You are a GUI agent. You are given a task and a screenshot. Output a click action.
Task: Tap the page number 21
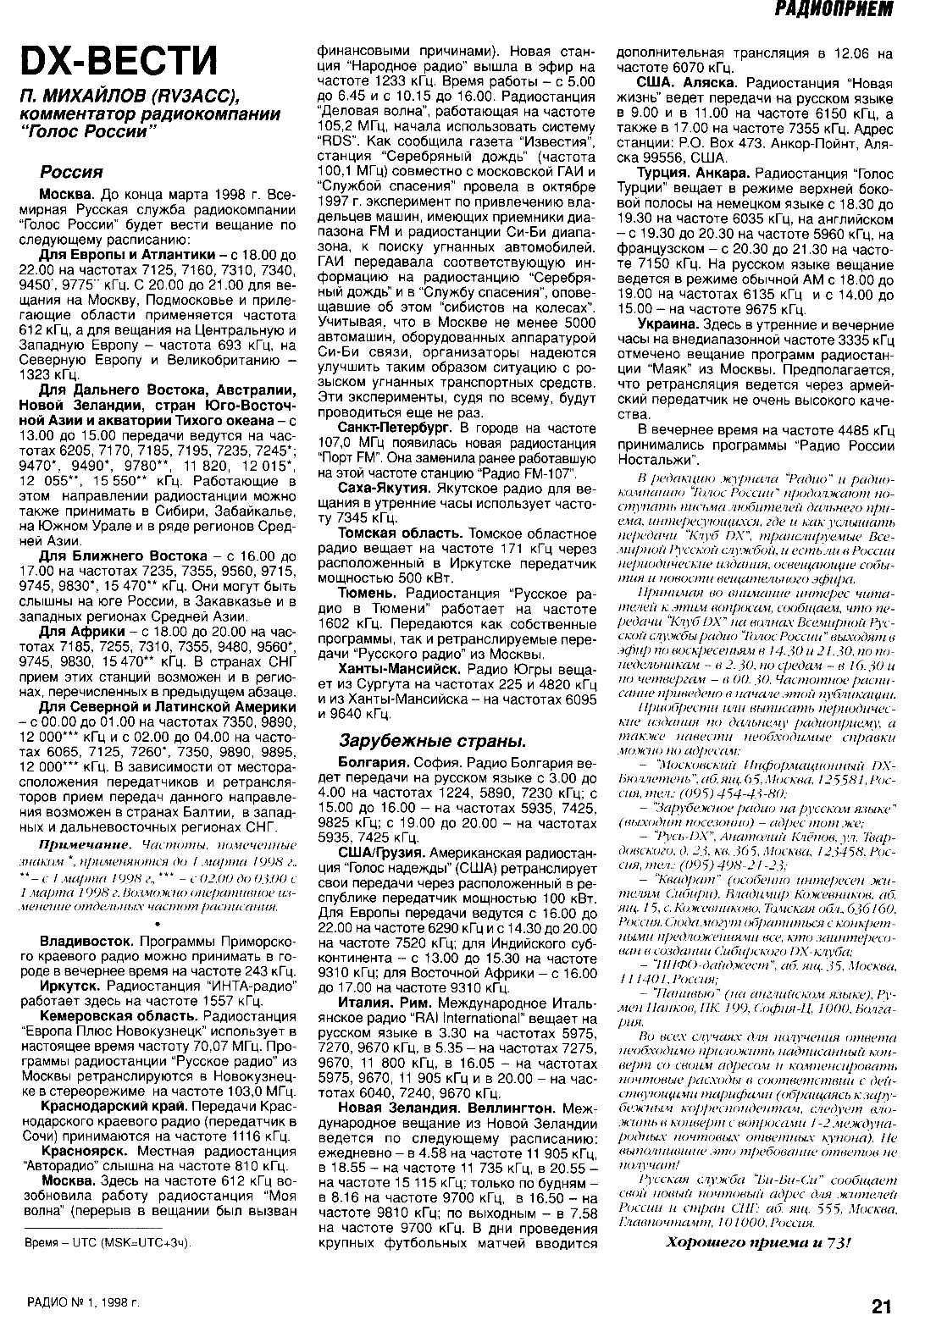click(882, 1305)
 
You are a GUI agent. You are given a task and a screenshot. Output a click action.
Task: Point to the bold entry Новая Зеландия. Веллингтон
click(447, 1107)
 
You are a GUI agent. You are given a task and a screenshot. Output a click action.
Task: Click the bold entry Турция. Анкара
click(693, 172)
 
